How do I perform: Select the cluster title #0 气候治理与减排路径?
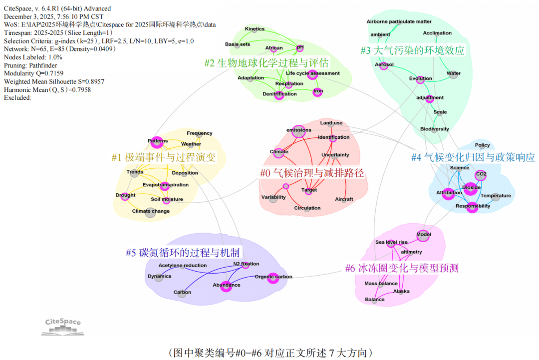(312, 173)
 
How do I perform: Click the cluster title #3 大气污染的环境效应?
(413, 50)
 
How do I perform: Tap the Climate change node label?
(151, 211)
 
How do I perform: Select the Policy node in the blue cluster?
(482, 145)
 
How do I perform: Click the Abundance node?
(226, 286)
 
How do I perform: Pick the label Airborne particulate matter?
(399, 21)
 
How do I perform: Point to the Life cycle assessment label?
(312, 73)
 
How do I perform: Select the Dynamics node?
(159, 277)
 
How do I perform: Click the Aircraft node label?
(344, 199)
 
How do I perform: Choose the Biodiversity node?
(434, 129)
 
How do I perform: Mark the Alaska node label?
(401, 291)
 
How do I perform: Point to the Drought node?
(126, 196)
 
